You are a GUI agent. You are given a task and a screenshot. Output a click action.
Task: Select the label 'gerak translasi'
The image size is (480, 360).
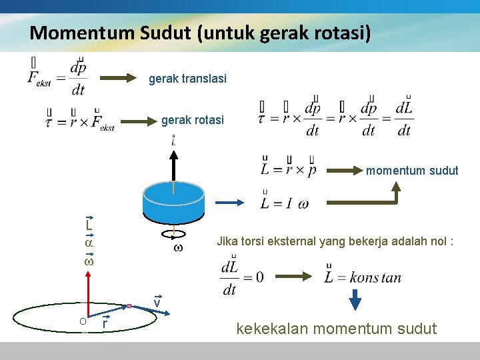(x=187, y=79)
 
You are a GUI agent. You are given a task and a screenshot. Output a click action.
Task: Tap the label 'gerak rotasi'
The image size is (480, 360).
(x=193, y=121)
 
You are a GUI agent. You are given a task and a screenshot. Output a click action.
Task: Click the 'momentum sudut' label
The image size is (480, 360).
(x=412, y=171)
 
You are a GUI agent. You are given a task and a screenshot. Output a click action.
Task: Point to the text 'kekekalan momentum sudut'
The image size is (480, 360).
(x=337, y=329)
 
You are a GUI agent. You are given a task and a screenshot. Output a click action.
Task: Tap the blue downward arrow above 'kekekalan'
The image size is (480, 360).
(x=355, y=300)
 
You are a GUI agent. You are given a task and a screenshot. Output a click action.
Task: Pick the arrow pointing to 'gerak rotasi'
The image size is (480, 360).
(x=139, y=121)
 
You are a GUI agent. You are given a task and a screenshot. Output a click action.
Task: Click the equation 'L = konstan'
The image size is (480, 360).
(x=363, y=277)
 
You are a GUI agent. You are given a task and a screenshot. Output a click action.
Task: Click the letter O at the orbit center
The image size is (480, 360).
(x=82, y=321)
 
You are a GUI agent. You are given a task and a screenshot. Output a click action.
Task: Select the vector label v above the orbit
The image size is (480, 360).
(x=157, y=303)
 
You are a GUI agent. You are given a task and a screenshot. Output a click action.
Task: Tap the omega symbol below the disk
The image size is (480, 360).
(x=177, y=248)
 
